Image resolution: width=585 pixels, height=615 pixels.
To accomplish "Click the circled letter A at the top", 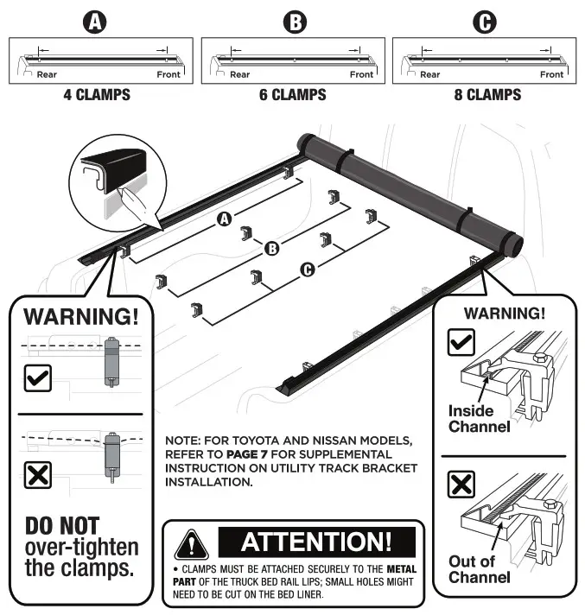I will click(x=96, y=22).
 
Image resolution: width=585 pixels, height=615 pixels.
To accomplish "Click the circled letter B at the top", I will click(x=293, y=22).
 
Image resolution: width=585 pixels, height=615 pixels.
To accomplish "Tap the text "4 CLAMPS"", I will click(x=96, y=94).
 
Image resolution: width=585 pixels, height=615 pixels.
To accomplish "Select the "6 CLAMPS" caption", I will click(x=293, y=94).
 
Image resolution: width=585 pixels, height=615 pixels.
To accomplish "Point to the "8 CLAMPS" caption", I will click(x=487, y=94).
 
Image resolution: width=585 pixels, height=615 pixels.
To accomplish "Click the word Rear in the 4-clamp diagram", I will click(x=47, y=75).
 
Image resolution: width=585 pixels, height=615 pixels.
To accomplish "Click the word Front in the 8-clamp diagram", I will click(x=551, y=75).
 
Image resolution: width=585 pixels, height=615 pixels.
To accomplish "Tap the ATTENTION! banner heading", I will click(x=315, y=542).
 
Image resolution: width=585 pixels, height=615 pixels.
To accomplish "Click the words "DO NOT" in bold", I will click(x=61, y=525).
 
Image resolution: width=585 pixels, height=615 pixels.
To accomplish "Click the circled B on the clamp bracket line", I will click(x=271, y=250).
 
